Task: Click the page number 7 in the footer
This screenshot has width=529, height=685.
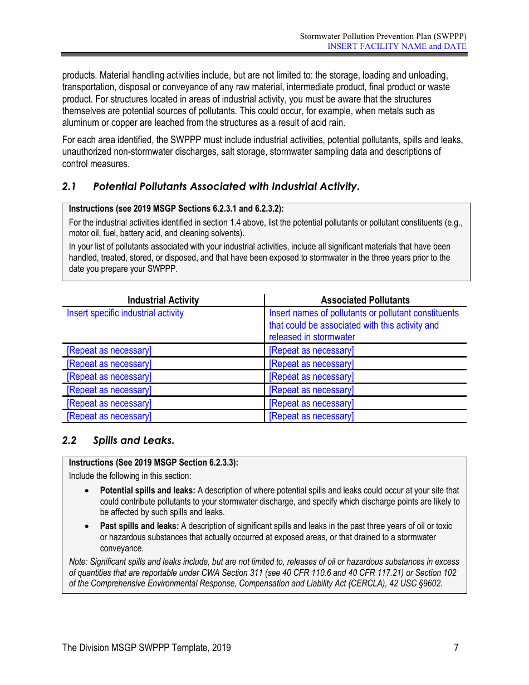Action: [x=456, y=647]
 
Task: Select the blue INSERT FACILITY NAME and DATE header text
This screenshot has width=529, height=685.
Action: [x=396, y=46]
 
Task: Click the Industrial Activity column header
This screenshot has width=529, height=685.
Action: [x=163, y=300]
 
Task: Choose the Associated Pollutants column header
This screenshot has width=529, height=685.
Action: [x=365, y=300]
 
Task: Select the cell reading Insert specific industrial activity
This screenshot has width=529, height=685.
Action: [x=125, y=313]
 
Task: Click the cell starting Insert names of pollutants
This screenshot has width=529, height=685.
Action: [x=363, y=325]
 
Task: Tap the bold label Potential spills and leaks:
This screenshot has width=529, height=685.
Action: [x=147, y=491]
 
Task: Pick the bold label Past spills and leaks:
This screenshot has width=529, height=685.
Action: [x=139, y=526]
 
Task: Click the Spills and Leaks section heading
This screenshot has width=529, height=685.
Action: [x=134, y=441]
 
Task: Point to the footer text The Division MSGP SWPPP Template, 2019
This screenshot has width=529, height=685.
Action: [x=146, y=647]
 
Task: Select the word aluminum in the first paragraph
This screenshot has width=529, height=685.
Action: [x=81, y=123]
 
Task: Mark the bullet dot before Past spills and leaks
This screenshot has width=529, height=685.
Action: [x=86, y=526]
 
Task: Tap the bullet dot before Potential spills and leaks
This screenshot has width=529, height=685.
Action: [x=86, y=491]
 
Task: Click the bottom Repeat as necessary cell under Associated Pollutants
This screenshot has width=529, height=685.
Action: [x=311, y=417]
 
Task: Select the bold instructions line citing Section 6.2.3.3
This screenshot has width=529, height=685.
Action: [x=153, y=463]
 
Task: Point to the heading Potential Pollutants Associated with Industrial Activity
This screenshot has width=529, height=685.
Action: [x=226, y=187]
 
